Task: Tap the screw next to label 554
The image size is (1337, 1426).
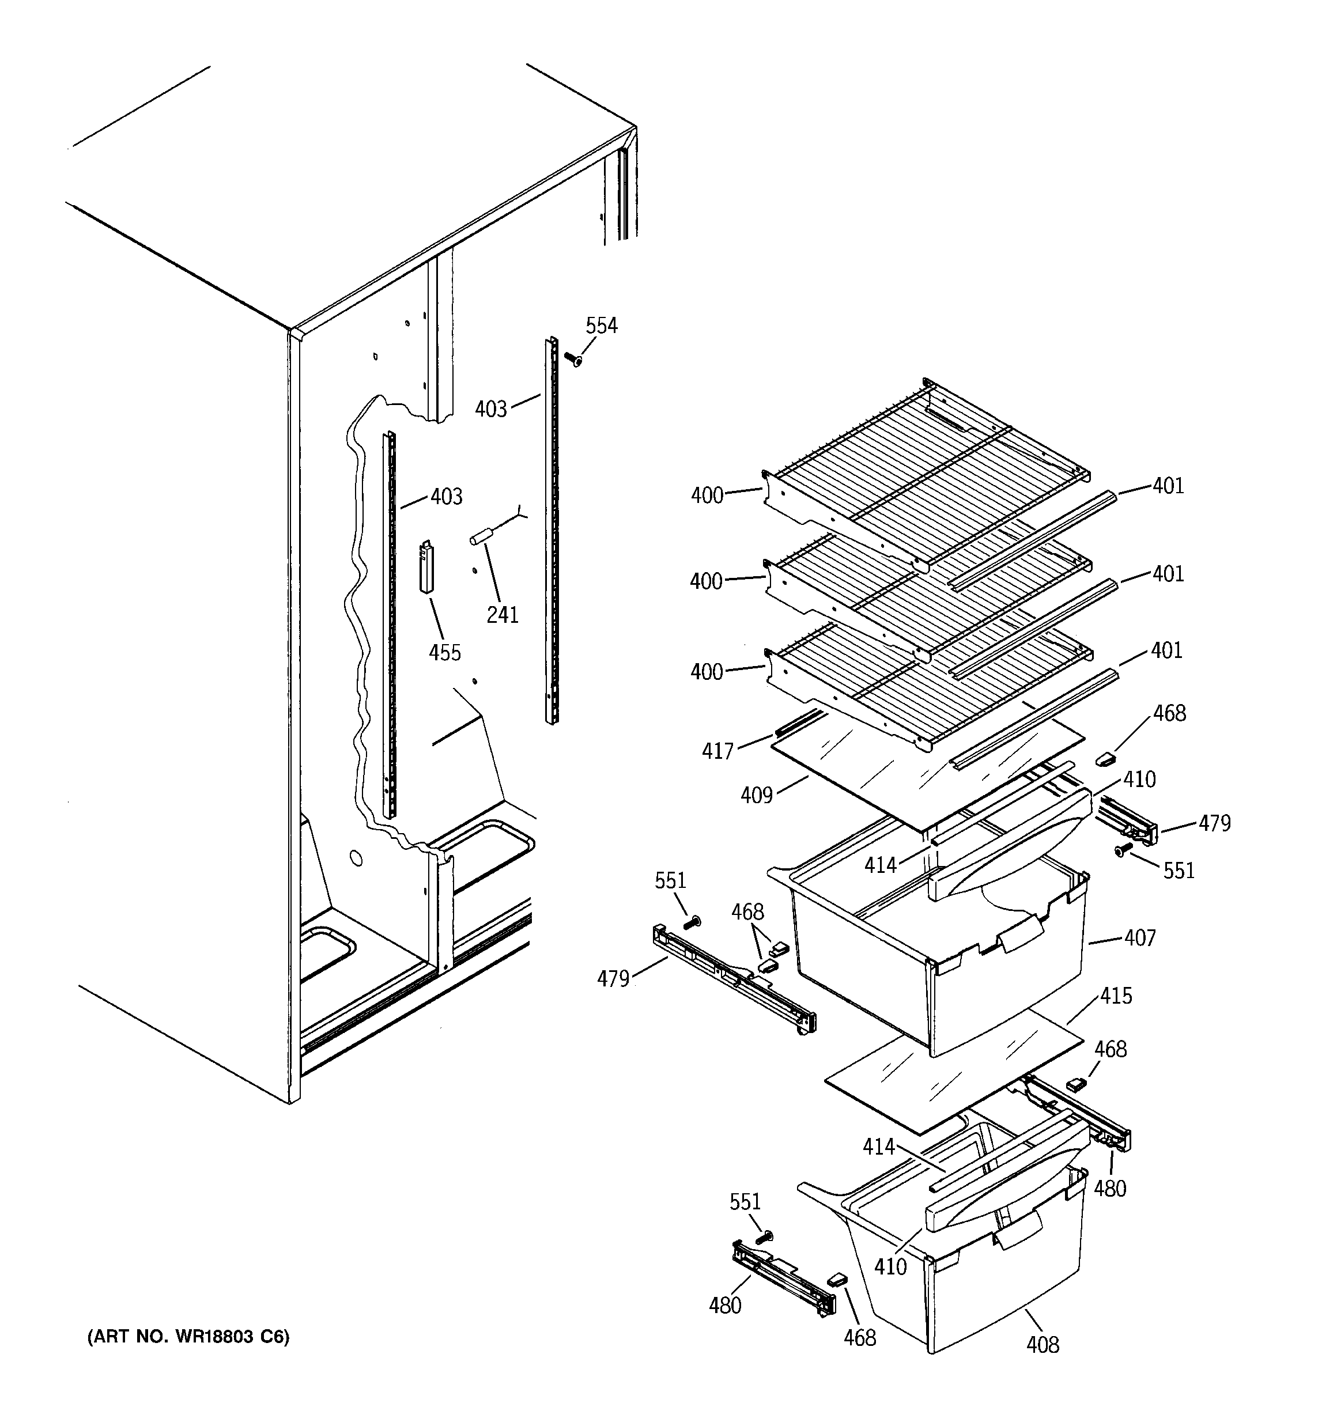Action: pos(573,358)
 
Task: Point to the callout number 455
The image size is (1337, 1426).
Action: pos(444,653)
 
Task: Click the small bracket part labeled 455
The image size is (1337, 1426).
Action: pos(427,567)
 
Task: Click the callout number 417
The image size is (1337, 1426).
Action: pos(717,751)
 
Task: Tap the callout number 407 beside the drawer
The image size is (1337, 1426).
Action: pos(1140,937)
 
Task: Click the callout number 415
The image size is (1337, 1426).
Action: pos(1116,996)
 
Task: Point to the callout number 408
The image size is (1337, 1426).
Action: pos(1042,1344)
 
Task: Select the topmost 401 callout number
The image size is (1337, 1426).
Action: pos(1168,486)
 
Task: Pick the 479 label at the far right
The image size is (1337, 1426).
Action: pos(1214,823)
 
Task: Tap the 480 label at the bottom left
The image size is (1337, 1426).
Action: pos(724,1306)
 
